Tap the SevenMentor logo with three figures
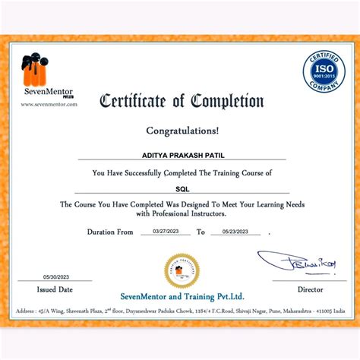tap(36, 68)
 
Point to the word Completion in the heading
tap(228, 100)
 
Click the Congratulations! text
tap(181, 130)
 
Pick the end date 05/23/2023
tap(235, 231)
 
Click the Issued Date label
tap(55, 289)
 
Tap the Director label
tap(310, 289)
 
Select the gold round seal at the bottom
tap(181, 270)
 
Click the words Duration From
tap(110, 232)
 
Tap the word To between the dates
tap(201, 232)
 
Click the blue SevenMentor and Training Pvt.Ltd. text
tap(181, 295)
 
